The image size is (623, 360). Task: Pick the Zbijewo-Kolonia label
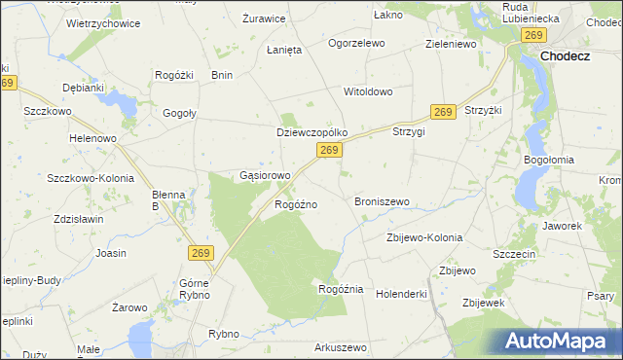click(x=423, y=237)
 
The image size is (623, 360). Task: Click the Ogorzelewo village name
click(x=356, y=44)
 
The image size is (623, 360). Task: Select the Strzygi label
click(x=409, y=131)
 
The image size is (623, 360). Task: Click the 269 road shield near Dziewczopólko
click(x=330, y=150)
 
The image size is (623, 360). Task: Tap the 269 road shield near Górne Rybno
click(x=200, y=253)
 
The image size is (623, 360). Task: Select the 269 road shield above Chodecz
click(x=532, y=35)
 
